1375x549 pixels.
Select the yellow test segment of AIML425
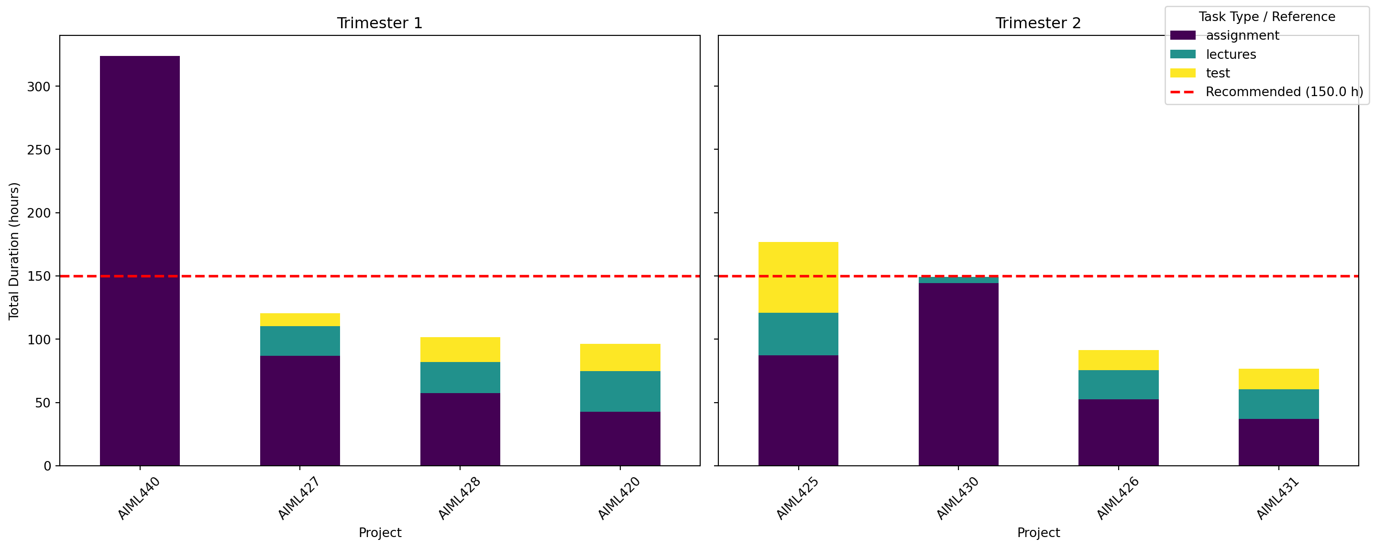tap(798, 277)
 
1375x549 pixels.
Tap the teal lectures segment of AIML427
tap(300, 341)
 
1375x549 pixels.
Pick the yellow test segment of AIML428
tap(460, 350)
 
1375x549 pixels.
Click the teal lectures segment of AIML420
tap(620, 391)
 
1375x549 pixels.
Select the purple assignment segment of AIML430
tap(958, 374)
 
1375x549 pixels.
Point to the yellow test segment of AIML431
tap(1278, 379)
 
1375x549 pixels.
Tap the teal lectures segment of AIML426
tap(1118, 384)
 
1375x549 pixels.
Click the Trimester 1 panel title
tap(380, 23)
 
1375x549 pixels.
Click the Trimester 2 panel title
tap(1038, 23)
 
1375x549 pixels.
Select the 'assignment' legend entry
tap(1242, 36)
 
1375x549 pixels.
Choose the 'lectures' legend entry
tap(1231, 55)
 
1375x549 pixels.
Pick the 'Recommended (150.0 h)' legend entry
tap(1284, 92)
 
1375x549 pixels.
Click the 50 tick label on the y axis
tap(43, 403)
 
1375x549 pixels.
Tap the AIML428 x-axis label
tap(459, 498)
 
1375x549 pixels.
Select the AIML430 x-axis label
tap(957, 498)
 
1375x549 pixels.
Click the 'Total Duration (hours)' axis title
tap(14, 251)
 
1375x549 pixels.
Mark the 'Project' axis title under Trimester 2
tap(1038, 532)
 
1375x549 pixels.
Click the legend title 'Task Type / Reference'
tap(1266, 17)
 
